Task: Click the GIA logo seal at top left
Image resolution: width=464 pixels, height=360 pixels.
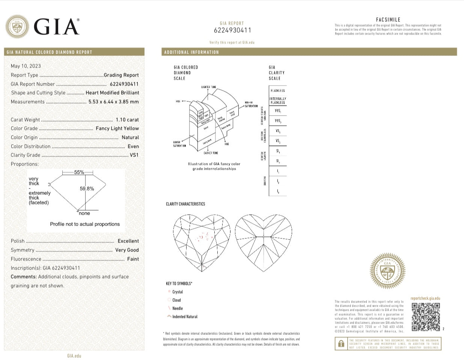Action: [x=17, y=27]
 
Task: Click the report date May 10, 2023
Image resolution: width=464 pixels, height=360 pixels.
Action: [x=26, y=66]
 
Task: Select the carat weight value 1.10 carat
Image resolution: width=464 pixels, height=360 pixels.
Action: [x=127, y=120]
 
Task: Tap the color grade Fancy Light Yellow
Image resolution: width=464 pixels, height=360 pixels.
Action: [x=117, y=128]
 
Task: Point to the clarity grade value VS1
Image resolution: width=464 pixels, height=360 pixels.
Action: [x=134, y=155]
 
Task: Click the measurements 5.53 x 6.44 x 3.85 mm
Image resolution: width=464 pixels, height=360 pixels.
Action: [x=113, y=102]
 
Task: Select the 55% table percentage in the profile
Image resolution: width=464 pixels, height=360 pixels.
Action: [x=79, y=172]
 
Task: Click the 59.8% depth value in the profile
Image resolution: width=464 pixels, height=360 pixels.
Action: [x=87, y=189]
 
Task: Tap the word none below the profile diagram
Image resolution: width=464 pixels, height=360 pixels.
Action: [x=84, y=213]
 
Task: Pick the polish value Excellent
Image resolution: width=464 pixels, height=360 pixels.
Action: [x=128, y=241]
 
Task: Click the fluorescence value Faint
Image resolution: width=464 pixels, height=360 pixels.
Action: [x=133, y=259]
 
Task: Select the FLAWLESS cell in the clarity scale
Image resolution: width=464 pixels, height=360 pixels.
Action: [x=277, y=91]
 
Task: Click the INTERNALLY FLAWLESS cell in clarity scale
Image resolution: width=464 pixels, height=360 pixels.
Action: [x=277, y=101]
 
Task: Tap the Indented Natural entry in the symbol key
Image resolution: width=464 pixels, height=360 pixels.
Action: [x=184, y=316]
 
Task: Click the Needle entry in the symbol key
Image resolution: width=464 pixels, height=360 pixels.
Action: [x=177, y=308]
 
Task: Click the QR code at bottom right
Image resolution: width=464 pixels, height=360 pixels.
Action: [x=425, y=317]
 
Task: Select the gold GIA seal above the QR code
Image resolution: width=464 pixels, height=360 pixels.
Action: [x=387, y=271]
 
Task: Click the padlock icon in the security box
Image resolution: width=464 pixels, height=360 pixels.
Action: [x=341, y=343]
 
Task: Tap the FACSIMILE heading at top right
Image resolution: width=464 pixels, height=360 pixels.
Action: [x=388, y=20]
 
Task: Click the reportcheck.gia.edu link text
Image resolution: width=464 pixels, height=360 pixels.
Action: [x=425, y=298]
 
